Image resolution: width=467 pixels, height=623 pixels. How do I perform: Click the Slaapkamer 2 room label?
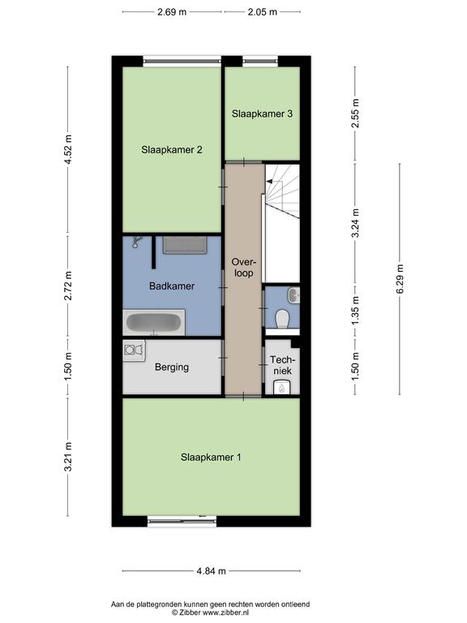[172, 150]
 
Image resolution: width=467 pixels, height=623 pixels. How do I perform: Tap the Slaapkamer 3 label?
[262, 114]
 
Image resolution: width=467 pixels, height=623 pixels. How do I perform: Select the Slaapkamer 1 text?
[211, 458]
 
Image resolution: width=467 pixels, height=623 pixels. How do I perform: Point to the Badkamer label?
[172, 286]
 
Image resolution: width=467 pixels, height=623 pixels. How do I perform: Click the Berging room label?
[172, 367]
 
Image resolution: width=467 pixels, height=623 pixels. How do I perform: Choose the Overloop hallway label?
[244, 268]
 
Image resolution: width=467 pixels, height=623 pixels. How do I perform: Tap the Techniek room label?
[283, 365]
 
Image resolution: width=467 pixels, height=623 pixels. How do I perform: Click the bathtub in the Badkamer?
[154, 323]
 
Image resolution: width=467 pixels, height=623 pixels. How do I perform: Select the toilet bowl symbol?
[282, 319]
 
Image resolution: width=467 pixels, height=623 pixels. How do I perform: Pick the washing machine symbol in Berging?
[134, 350]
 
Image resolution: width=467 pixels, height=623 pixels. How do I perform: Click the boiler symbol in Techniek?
[282, 388]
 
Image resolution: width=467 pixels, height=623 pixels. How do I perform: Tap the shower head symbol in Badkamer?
[137, 241]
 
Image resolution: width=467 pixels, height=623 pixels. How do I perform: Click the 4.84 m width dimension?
[212, 571]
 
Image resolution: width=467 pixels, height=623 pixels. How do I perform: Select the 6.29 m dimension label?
[400, 279]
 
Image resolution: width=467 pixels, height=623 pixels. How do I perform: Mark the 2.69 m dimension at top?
[172, 12]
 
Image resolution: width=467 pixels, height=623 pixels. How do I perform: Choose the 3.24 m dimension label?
[356, 223]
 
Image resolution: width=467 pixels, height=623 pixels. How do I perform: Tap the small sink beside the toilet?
[294, 295]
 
